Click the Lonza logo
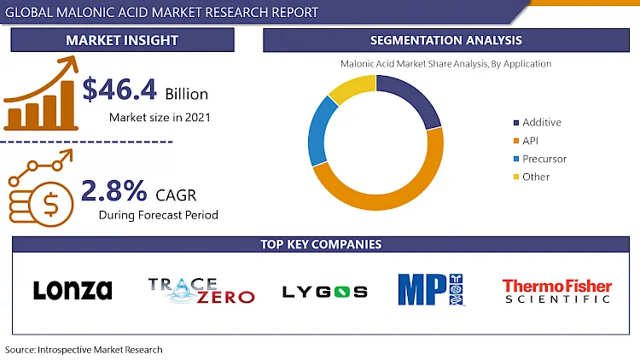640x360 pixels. [73, 290]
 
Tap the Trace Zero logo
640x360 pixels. [201, 290]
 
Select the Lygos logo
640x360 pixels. [324, 292]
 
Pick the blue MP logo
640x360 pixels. [431, 289]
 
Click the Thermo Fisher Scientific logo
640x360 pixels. [556, 291]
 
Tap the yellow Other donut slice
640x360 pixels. [350, 87]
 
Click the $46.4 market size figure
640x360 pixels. [113, 91]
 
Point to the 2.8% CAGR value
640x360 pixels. [114, 189]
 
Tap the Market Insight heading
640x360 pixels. [122, 40]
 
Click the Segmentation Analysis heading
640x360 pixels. [445, 40]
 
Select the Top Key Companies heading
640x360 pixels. [320, 245]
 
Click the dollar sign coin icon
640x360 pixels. [49, 204]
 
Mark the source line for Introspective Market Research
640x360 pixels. [84, 350]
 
